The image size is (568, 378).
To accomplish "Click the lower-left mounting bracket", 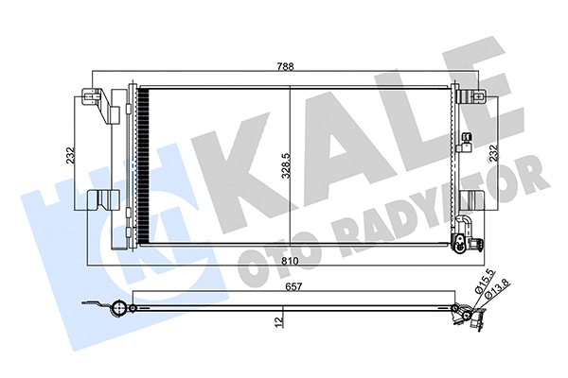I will click(100, 201).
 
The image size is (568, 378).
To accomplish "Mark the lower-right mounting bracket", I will click(469, 201).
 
